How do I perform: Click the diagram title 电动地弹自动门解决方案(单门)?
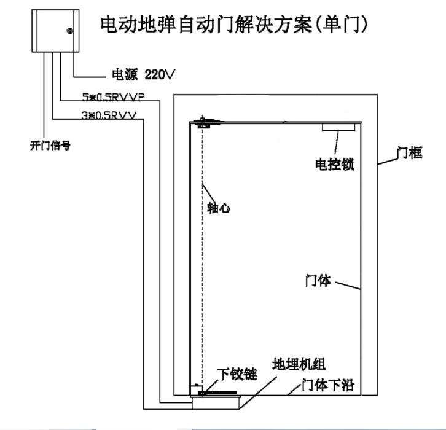click(x=234, y=25)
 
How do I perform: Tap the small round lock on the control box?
click(x=69, y=31)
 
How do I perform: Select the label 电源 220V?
click(x=143, y=74)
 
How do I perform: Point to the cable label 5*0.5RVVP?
click(x=113, y=97)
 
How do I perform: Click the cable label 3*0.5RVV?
click(x=109, y=115)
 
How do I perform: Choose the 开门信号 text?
click(x=50, y=146)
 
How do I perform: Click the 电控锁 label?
click(x=335, y=165)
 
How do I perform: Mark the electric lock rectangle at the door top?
click(x=338, y=127)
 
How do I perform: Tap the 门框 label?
click(x=409, y=153)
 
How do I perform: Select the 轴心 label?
click(x=219, y=208)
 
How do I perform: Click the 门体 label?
click(x=318, y=281)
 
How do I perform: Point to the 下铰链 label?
click(x=237, y=374)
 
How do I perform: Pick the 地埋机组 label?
click(x=299, y=364)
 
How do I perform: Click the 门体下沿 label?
click(x=328, y=385)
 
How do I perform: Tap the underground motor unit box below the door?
click(x=216, y=402)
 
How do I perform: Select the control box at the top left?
click(x=55, y=31)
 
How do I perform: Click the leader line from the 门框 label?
click(x=388, y=161)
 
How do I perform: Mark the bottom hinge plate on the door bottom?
click(x=218, y=393)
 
